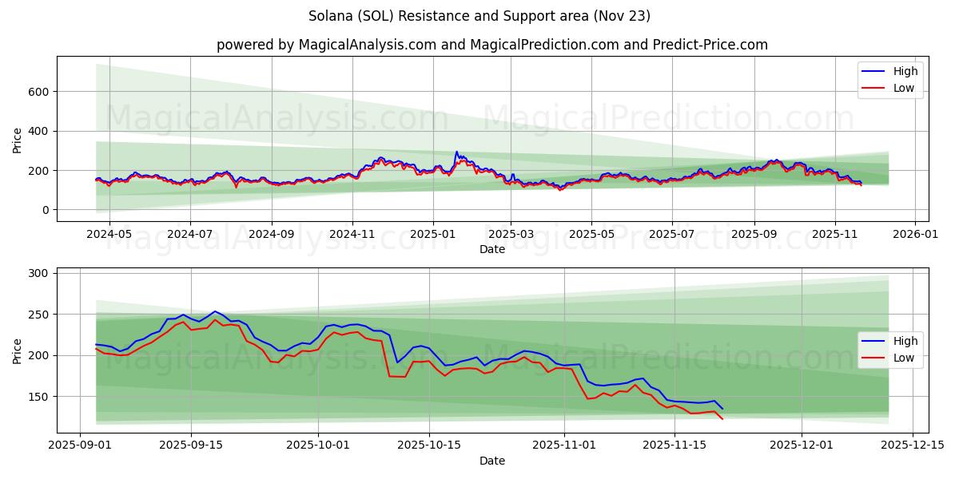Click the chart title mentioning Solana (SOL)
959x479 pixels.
coord(479,16)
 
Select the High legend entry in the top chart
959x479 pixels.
coord(905,71)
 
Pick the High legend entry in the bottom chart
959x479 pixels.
coord(905,341)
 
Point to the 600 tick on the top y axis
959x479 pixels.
coord(40,92)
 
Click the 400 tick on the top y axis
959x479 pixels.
coord(40,131)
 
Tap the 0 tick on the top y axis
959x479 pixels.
coord(46,210)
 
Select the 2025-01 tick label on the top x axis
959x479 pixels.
coord(432,235)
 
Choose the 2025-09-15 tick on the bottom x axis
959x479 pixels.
coord(192,445)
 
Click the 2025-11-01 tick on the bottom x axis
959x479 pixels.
coord(564,445)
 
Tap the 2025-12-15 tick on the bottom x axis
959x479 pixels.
coord(913,445)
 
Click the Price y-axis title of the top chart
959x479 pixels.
coord(18,139)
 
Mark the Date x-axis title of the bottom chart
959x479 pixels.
coord(492,461)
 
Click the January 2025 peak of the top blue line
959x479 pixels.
coord(457,152)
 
